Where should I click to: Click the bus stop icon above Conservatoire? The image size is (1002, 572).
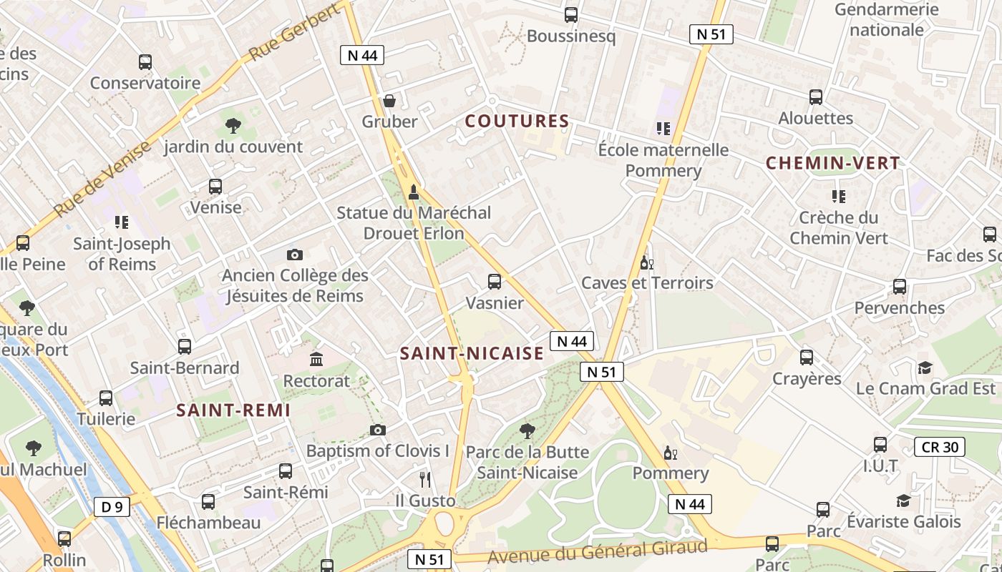(x=145, y=62)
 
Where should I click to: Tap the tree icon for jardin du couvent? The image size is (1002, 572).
(x=233, y=126)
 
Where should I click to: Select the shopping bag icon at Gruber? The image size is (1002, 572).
(x=389, y=101)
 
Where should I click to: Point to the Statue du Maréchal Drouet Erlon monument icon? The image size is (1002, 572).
(x=413, y=192)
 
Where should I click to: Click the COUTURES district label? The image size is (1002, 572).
(x=517, y=122)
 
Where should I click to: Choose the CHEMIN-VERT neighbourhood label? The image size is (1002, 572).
(x=832, y=163)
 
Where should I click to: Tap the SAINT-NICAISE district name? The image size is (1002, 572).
(x=472, y=353)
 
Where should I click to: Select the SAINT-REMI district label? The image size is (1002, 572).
(x=233, y=410)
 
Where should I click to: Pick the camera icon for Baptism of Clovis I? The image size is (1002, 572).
(x=377, y=430)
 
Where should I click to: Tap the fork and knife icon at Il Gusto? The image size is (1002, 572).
(x=425, y=479)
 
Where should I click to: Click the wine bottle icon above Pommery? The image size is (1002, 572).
(x=671, y=453)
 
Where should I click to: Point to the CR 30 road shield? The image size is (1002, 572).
(x=940, y=448)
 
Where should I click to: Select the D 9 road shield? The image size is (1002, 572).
(x=112, y=507)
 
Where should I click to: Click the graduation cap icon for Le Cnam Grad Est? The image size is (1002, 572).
(x=925, y=368)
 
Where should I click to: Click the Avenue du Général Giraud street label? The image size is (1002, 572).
(x=597, y=551)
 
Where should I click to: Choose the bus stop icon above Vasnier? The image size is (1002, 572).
(x=495, y=282)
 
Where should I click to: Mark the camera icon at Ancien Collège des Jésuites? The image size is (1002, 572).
(x=294, y=255)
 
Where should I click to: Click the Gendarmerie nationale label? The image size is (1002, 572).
(x=886, y=19)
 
